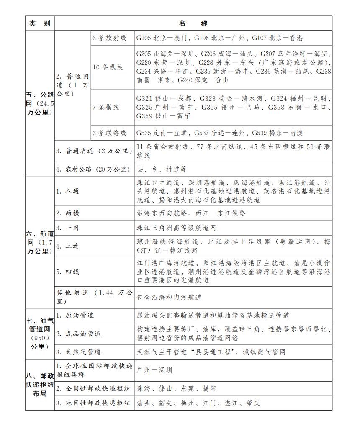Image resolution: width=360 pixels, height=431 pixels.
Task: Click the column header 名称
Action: click(193, 23)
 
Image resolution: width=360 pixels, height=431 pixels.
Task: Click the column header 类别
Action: click(40, 23)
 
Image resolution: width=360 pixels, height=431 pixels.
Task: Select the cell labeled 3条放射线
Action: click(109, 38)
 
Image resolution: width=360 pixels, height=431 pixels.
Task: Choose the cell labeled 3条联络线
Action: click(109, 133)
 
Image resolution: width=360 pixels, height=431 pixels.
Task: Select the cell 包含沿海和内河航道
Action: click(169, 297)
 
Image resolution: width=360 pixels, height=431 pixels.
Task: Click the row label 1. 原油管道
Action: click(75, 315)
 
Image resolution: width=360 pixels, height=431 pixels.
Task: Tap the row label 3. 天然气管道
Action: click(79, 352)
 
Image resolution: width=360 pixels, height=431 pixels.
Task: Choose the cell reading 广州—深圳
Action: click(154, 370)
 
